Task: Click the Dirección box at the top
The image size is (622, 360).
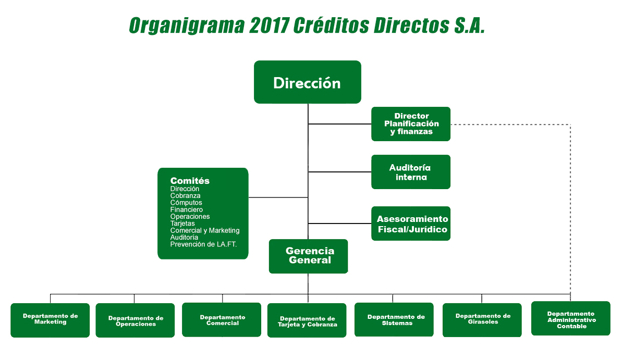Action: pyautogui.click(x=307, y=82)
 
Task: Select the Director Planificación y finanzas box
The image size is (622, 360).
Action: pyautogui.click(x=411, y=124)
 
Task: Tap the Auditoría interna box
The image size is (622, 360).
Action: pyautogui.click(x=411, y=172)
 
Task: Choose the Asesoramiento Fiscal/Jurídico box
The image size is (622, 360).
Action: pyautogui.click(x=411, y=224)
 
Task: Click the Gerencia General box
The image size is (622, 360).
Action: pyautogui.click(x=309, y=256)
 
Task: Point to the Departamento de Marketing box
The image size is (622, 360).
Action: pyautogui.click(x=50, y=320)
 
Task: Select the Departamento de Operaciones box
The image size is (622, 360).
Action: pyautogui.click(x=135, y=320)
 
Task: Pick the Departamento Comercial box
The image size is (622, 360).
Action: pyautogui.click(x=222, y=319)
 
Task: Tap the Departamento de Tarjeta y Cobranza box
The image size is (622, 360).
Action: pyautogui.click(x=307, y=320)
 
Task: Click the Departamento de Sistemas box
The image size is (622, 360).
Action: pyautogui.click(x=394, y=319)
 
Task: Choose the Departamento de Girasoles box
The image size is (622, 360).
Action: pyautogui.click(x=482, y=319)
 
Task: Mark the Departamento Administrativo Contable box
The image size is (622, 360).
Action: pyautogui.click(x=570, y=318)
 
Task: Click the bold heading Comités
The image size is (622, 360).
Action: pyautogui.click(x=190, y=181)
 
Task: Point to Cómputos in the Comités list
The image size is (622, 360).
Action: pyautogui.click(x=186, y=203)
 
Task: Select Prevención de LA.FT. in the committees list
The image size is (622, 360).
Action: pyautogui.click(x=203, y=244)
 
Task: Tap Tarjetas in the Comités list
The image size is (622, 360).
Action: pyautogui.click(x=182, y=224)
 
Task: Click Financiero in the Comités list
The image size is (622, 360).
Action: pyautogui.click(x=187, y=209)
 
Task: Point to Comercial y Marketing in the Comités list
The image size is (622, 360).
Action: pyautogui.click(x=205, y=230)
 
